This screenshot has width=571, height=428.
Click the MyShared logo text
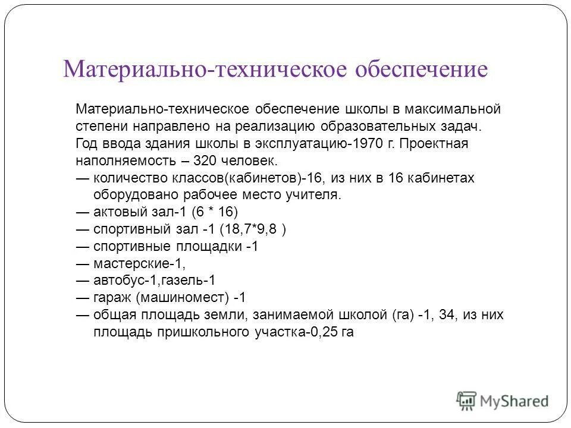(514, 401)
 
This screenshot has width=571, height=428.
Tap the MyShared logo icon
(467, 400)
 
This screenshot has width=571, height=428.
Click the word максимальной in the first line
(459, 109)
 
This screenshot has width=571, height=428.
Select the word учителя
(320, 195)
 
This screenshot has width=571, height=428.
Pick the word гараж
(113, 298)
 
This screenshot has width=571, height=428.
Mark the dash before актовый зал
(83, 212)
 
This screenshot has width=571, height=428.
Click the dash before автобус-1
(83, 281)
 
